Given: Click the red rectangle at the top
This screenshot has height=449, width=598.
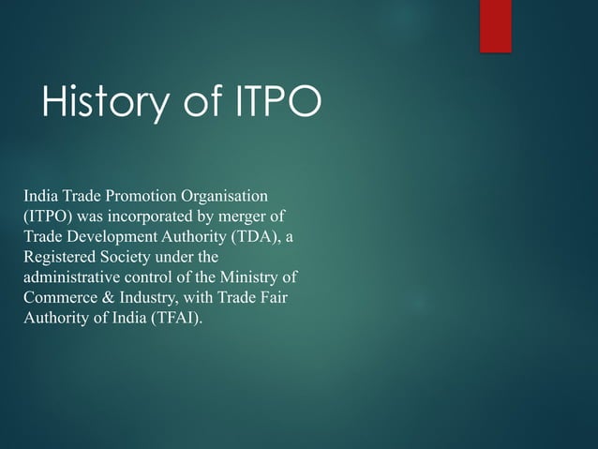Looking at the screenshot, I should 495,25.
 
